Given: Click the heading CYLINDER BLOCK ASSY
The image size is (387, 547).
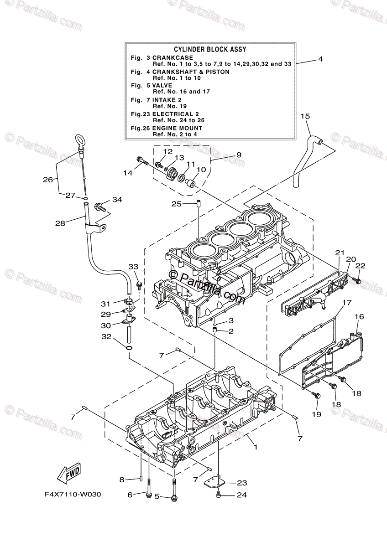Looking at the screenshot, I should coord(210,49).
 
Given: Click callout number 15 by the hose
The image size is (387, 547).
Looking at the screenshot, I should coord(305,116).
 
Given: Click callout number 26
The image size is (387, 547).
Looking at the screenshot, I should coord(48,180).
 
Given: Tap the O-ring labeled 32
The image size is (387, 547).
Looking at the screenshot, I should coord(129,348).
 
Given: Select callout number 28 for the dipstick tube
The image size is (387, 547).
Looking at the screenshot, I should coord(61,223).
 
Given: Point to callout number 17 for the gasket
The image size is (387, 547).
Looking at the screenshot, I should coord(347,302).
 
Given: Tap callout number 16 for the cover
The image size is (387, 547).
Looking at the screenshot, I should coord(359,316).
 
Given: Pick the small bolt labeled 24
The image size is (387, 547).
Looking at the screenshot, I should coord(220,494).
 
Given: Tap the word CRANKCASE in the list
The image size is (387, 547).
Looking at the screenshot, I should coord(173,58).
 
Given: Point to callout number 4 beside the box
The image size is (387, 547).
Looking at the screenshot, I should coord(320,59).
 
